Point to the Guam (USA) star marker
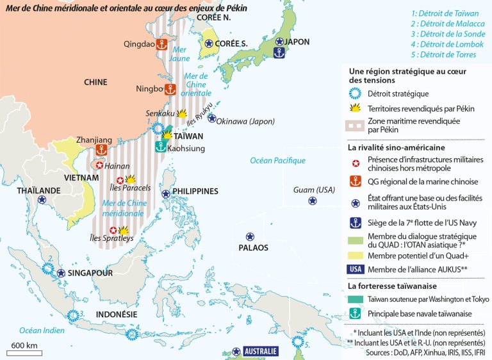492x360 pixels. point(312,200)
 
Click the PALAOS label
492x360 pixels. point(253,247)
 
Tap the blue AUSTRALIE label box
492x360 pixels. point(261,352)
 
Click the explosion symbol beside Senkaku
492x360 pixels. point(182,113)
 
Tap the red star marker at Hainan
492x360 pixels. point(99,165)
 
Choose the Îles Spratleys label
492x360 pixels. point(104,238)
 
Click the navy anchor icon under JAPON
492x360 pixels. point(279,54)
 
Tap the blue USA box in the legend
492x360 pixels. point(356,268)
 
